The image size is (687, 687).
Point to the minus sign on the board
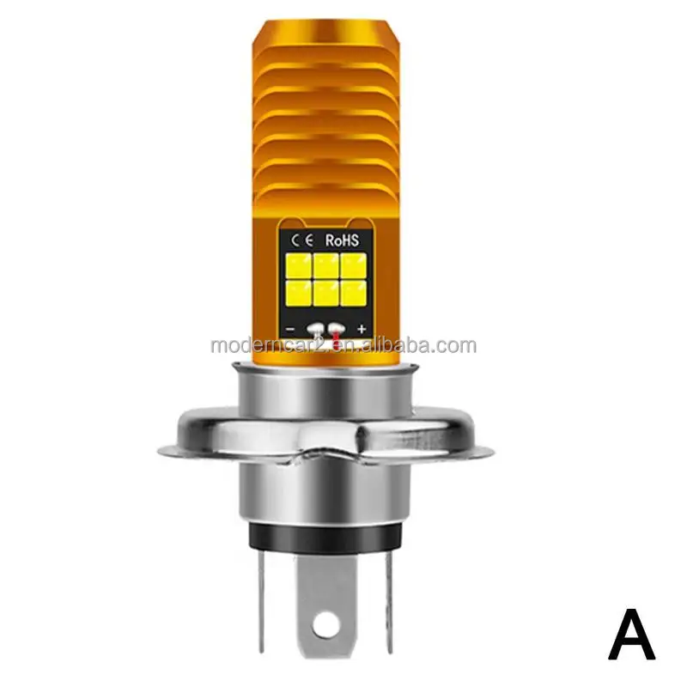[x=292, y=328]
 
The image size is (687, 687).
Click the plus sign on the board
[x=361, y=328]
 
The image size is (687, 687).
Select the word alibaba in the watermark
[x=343, y=346]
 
